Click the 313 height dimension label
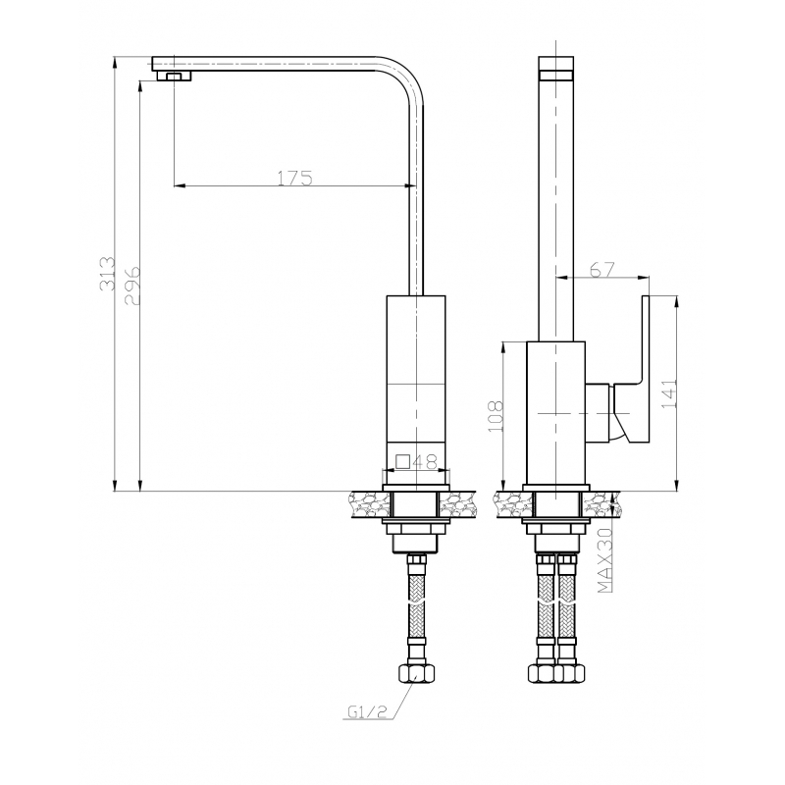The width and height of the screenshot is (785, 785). point(107,274)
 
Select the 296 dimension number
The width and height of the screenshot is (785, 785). point(132,286)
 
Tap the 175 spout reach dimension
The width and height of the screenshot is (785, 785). point(295,178)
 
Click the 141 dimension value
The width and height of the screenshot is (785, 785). point(669,393)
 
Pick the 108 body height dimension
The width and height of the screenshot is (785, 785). point(496,416)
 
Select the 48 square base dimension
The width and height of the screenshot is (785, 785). point(425,461)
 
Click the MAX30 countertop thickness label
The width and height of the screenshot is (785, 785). point(605,559)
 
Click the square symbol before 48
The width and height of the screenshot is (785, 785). point(403,461)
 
